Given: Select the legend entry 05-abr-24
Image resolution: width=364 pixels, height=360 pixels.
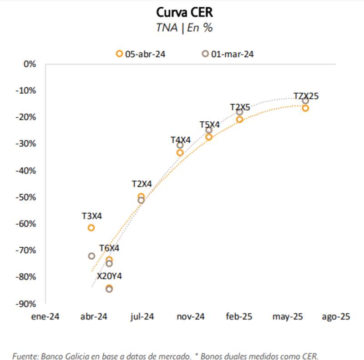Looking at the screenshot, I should [x=141, y=54].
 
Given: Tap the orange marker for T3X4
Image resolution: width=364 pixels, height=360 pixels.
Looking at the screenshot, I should [x=91, y=228].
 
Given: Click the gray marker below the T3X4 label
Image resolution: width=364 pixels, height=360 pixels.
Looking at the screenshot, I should [x=91, y=256].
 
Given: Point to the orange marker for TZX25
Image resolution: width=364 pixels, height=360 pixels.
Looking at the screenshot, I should [x=305, y=108].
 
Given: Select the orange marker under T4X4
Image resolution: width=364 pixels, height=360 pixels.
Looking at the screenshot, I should [x=180, y=153].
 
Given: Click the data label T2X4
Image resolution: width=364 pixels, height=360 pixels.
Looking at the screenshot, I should [x=142, y=184].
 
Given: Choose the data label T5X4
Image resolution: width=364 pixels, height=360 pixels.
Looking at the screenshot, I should [x=210, y=124].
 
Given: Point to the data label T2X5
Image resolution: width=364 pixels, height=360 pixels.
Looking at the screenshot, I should [x=240, y=107].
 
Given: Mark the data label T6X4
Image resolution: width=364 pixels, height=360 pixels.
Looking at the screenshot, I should [x=109, y=249].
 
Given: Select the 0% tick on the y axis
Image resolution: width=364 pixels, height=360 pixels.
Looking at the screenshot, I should [x=30, y=64].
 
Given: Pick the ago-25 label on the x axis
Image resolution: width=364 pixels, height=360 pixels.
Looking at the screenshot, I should [x=336, y=317].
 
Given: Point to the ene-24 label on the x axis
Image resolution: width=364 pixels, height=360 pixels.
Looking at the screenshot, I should [x=45, y=317].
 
